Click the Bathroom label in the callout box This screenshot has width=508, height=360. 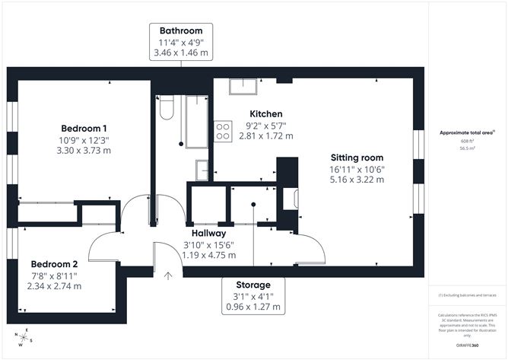(182, 30)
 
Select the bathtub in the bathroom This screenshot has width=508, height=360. (196, 122)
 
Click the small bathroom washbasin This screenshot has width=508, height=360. (202, 169)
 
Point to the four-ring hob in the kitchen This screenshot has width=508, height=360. (223, 132)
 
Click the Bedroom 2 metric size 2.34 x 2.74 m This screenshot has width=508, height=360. (55, 286)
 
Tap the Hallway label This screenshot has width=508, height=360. (208, 234)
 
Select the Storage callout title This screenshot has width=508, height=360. (253, 285)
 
